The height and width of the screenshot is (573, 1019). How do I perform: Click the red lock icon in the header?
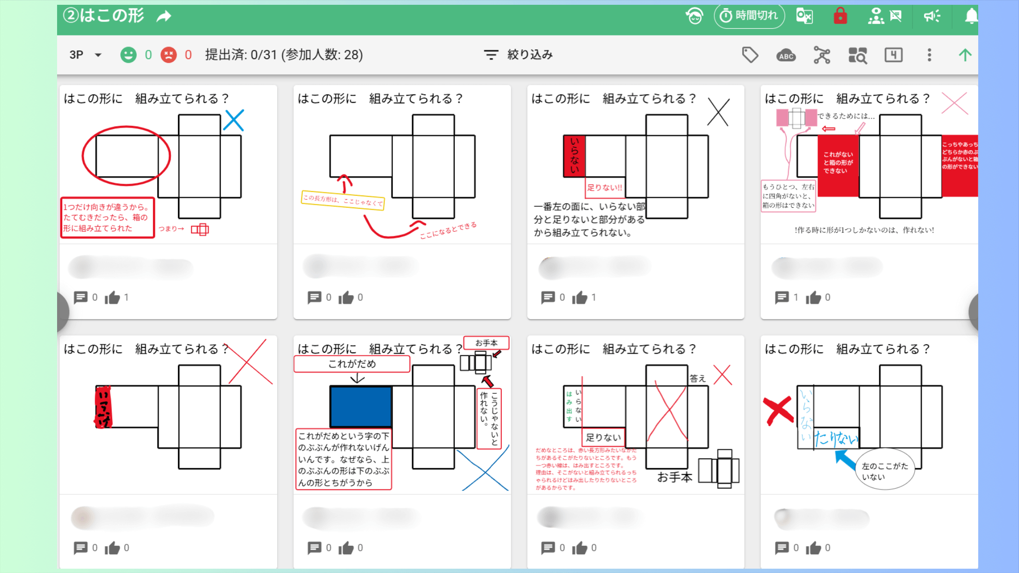click(x=840, y=16)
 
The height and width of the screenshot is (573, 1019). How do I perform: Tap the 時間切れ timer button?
click(x=749, y=16)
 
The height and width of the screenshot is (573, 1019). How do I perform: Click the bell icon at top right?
click(x=971, y=16)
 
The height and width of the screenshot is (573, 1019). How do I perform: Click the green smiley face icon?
click(x=128, y=55)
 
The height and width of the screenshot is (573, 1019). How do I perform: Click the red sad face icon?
click(x=168, y=55)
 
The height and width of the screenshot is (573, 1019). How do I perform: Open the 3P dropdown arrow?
click(x=98, y=55)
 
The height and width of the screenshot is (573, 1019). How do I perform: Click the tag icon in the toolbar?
click(x=750, y=55)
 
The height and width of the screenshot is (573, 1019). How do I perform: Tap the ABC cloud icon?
click(x=786, y=55)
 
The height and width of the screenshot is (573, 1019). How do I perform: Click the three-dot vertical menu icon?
click(x=929, y=55)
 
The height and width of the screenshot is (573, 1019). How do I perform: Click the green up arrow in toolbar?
click(x=965, y=55)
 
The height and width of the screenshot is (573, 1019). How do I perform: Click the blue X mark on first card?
click(x=234, y=120)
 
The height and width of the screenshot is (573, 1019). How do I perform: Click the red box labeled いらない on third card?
click(x=574, y=156)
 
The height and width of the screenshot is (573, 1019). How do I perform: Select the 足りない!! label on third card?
click(x=604, y=188)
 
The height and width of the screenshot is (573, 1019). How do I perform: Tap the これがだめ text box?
click(x=352, y=364)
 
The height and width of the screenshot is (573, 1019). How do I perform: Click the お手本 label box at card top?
click(x=486, y=343)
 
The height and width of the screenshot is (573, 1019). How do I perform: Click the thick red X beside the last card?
click(x=778, y=410)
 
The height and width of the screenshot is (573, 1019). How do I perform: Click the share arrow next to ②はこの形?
click(x=164, y=17)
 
